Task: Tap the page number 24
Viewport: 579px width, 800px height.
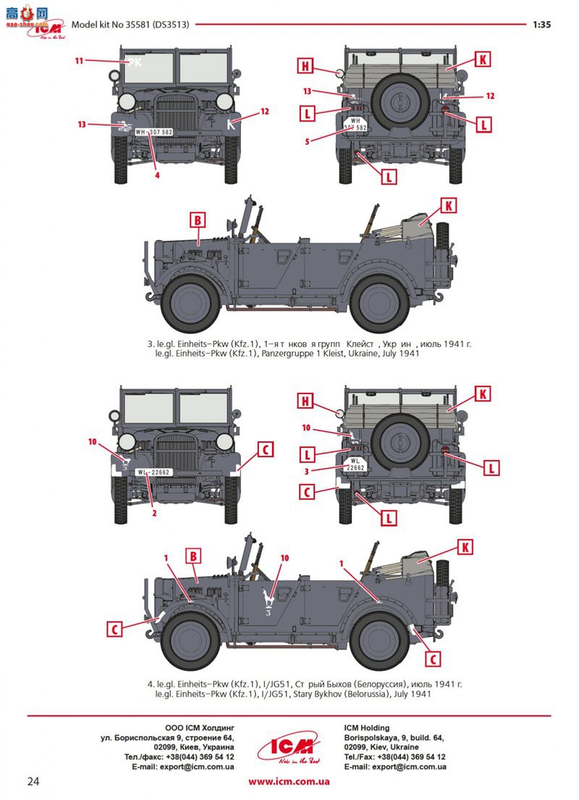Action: pyautogui.click(x=33, y=781)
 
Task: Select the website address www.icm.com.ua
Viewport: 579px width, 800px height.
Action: pyautogui.click(x=289, y=781)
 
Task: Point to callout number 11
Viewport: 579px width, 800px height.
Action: pyautogui.click(x=79, y=61)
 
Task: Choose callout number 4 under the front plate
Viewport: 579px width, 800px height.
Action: pyautogui.click(x=156, y=174)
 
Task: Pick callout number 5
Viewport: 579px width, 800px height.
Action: pyautogui.click(x=307, y=141)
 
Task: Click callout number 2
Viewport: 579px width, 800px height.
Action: pyautogui.click(x=153, y=513)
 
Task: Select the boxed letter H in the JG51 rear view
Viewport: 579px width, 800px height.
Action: pyautogui.click(x=306, y=400)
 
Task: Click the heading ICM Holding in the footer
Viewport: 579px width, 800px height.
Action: pyautogui.click(x=366, y=728)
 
